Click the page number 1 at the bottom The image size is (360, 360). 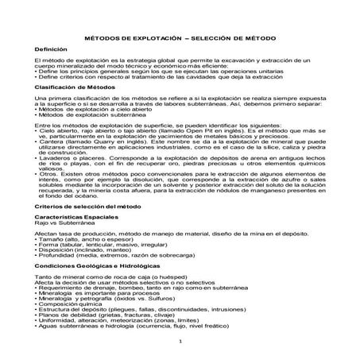[181, 341]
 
